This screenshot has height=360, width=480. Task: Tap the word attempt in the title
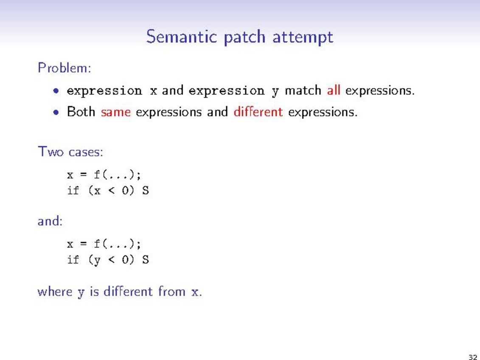coord(303,37)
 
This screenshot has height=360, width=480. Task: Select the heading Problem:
coord(64,67)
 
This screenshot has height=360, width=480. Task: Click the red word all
coord(333,90)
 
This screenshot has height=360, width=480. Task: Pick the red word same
coord(116,112)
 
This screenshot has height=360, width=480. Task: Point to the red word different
coord(258,111)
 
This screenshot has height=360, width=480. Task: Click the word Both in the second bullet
coord(81,111)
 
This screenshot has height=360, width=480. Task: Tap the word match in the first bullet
coord(303,90)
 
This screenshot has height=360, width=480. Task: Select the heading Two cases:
coord(70,152)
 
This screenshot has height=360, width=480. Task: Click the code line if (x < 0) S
coord(108,191)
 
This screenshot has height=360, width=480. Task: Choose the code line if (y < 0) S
coord(108,260)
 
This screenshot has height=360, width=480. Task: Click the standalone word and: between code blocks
coord(50,221)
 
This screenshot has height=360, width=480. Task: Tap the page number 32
coord(473,356)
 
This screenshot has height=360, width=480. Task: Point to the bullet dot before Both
coord(56,112)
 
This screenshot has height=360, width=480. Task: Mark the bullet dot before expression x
coord(56,91)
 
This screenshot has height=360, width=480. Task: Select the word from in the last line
coord(172,291)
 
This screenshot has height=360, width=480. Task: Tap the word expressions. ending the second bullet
coord(323,112)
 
